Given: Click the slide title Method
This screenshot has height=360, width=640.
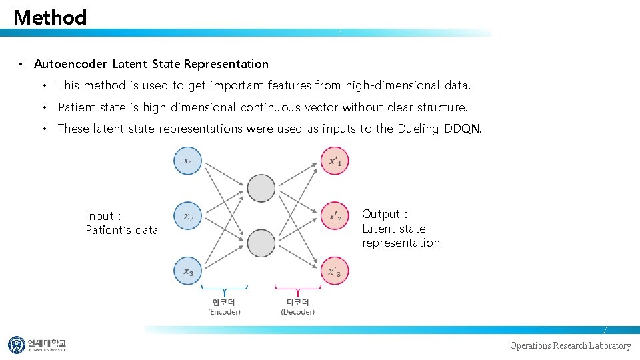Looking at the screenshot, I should coord(50,17).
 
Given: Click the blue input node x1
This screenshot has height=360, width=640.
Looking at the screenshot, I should coord(188,161).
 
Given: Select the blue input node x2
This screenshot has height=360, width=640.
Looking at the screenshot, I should coord(188,216).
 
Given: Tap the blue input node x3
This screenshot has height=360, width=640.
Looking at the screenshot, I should coord(188,271).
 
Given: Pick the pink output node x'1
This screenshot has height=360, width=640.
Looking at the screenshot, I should coord(335,161).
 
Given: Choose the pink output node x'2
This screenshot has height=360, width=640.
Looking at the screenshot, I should coord(335,216).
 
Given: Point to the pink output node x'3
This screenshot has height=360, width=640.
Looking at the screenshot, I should coord(335,271).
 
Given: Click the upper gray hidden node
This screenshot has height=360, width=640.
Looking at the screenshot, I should coord(261,189).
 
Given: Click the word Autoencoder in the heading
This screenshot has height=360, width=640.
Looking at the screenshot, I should coord(70,64).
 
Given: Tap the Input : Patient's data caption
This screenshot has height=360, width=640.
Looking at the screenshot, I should coord(122,223).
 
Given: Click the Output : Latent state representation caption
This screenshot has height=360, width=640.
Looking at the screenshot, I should coord(401,228).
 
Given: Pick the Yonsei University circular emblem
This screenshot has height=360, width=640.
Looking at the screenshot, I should coord(16,345).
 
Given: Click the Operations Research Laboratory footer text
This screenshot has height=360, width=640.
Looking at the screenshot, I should coord(570,345).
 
